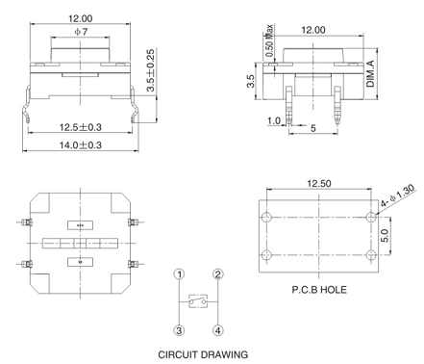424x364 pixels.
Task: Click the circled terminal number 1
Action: coord(180,274)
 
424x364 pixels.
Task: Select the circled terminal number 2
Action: coord(218,274)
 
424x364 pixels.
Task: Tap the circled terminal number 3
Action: coord(180,330)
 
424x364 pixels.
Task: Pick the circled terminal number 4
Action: coord(218,330)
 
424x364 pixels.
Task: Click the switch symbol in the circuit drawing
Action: coord(198,301)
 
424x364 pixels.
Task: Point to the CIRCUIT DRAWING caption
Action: coord(203,354)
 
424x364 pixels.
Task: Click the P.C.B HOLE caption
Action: coord(319,290)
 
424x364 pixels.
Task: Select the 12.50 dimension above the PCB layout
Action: coord(319,183)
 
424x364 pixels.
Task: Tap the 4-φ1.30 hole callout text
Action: coord(397,195)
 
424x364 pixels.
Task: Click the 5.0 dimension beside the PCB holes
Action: coord(386,236)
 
